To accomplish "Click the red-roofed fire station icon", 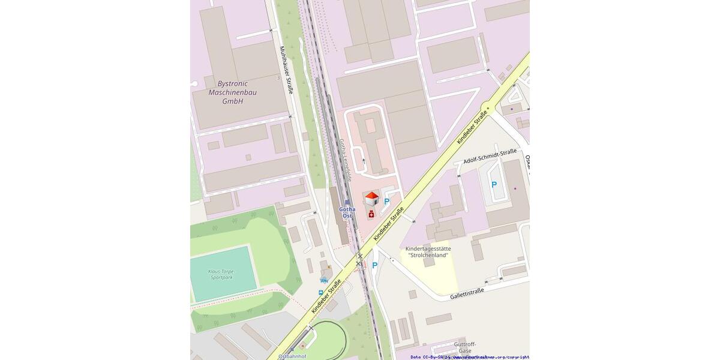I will tap(371, 198).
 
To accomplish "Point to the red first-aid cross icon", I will tap(371, 214).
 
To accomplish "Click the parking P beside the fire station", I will tap(387, 202).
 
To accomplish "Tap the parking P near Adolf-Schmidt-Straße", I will tap(494, 185).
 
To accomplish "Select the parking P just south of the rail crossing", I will tap(375, 265).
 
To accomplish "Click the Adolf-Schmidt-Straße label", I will tap(490, 157).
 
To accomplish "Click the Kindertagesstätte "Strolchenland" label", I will tap(428, 252).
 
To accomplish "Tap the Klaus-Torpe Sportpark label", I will tap(221, 274).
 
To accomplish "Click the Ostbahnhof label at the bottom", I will tap(292, 356).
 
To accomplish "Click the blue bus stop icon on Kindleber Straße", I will tap(321, 292).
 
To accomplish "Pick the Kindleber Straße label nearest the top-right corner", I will tap(472, 127).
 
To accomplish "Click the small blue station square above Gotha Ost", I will tap(347, 202).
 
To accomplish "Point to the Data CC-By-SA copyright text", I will tap(469, 357).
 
